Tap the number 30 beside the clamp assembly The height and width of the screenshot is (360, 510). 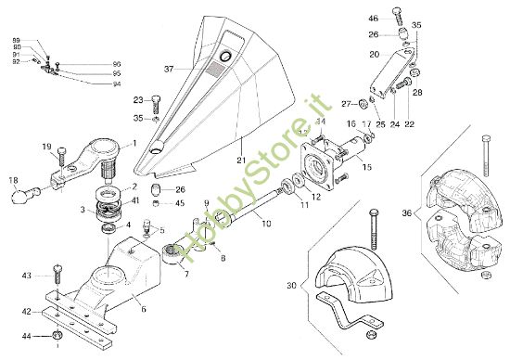pyautogui.click(x=293, y=286)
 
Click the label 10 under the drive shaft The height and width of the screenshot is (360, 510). pyautogui.click(x=265, y=224)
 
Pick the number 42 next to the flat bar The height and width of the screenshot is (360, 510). pyautogui.click(x=27, y=312)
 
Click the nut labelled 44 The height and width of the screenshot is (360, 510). pyautogui.click(x=57, y=335)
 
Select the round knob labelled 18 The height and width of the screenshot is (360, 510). pyautogui.click(x=20, y=196)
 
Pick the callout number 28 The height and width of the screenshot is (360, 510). pyautogui.click(x=416, y=94)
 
